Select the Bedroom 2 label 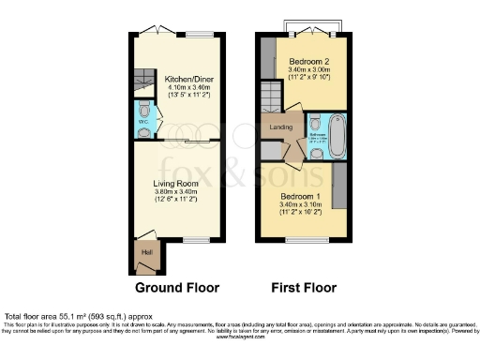click(304, 58)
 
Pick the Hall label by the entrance click(146, 250)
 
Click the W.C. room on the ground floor click(142, 120)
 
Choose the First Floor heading click(302, 288)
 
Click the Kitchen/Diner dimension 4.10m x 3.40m click(183, 87)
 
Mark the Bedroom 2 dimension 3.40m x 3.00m click(304, 67)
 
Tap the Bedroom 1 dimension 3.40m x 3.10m click(302, 204)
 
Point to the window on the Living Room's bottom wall click(196, 241)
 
